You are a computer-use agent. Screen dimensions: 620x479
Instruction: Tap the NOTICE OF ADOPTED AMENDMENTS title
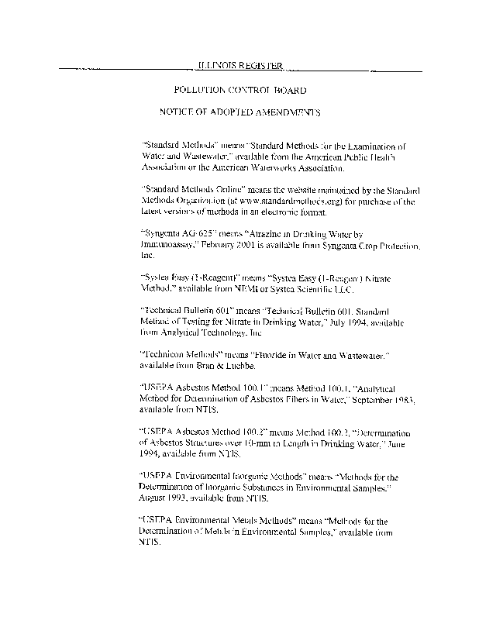pos(240,112)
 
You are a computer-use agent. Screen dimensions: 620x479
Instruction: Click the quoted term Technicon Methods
pos(189,354)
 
